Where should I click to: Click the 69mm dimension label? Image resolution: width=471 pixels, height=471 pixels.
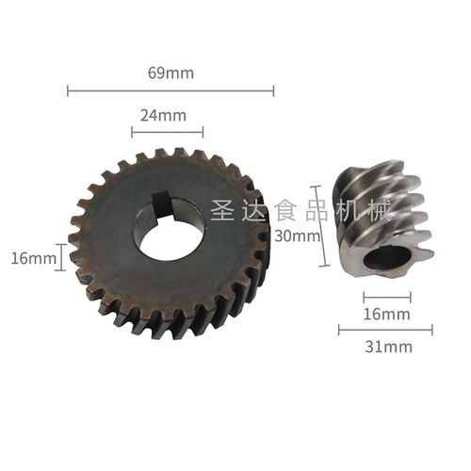[171, 73]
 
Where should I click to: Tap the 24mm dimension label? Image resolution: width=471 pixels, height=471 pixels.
[163, 116]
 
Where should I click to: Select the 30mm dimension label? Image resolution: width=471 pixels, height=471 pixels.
[298, 235]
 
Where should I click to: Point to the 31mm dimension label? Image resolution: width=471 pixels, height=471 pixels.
[388, 347]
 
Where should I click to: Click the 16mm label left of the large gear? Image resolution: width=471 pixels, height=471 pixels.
[34, 259]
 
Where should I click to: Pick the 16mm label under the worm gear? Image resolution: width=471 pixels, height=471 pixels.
[386, 314]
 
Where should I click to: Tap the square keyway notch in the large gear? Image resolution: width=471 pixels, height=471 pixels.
[163, 204]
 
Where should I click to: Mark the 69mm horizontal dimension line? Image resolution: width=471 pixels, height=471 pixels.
[171, 91]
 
